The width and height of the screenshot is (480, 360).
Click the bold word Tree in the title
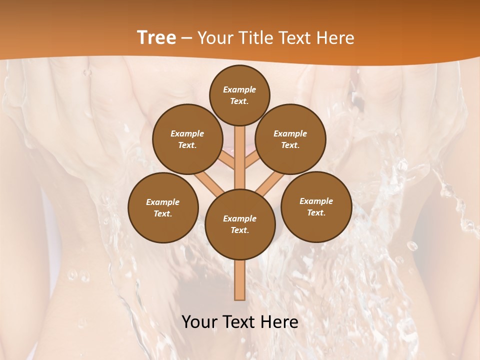pos(156,37)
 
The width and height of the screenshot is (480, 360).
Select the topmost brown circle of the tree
pos(239,95)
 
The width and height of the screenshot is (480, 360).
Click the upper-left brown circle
pos(187,139)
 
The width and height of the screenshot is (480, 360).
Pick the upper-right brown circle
pos(290,139)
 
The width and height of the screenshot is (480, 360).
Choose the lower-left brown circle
pos(163,207)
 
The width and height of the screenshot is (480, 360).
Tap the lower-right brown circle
pos(316,206)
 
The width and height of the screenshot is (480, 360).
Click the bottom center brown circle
pos(240,224)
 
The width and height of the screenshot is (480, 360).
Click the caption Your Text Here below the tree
pos(240,322)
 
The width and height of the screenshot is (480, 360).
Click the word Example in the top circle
pos(239,89)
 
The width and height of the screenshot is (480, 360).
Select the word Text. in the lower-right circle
pos(316,212)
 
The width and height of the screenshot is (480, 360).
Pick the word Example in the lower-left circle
pos(163,202)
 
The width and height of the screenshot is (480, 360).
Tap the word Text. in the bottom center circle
pos(240,230)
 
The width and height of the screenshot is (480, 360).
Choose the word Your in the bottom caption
pos(199,322)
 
